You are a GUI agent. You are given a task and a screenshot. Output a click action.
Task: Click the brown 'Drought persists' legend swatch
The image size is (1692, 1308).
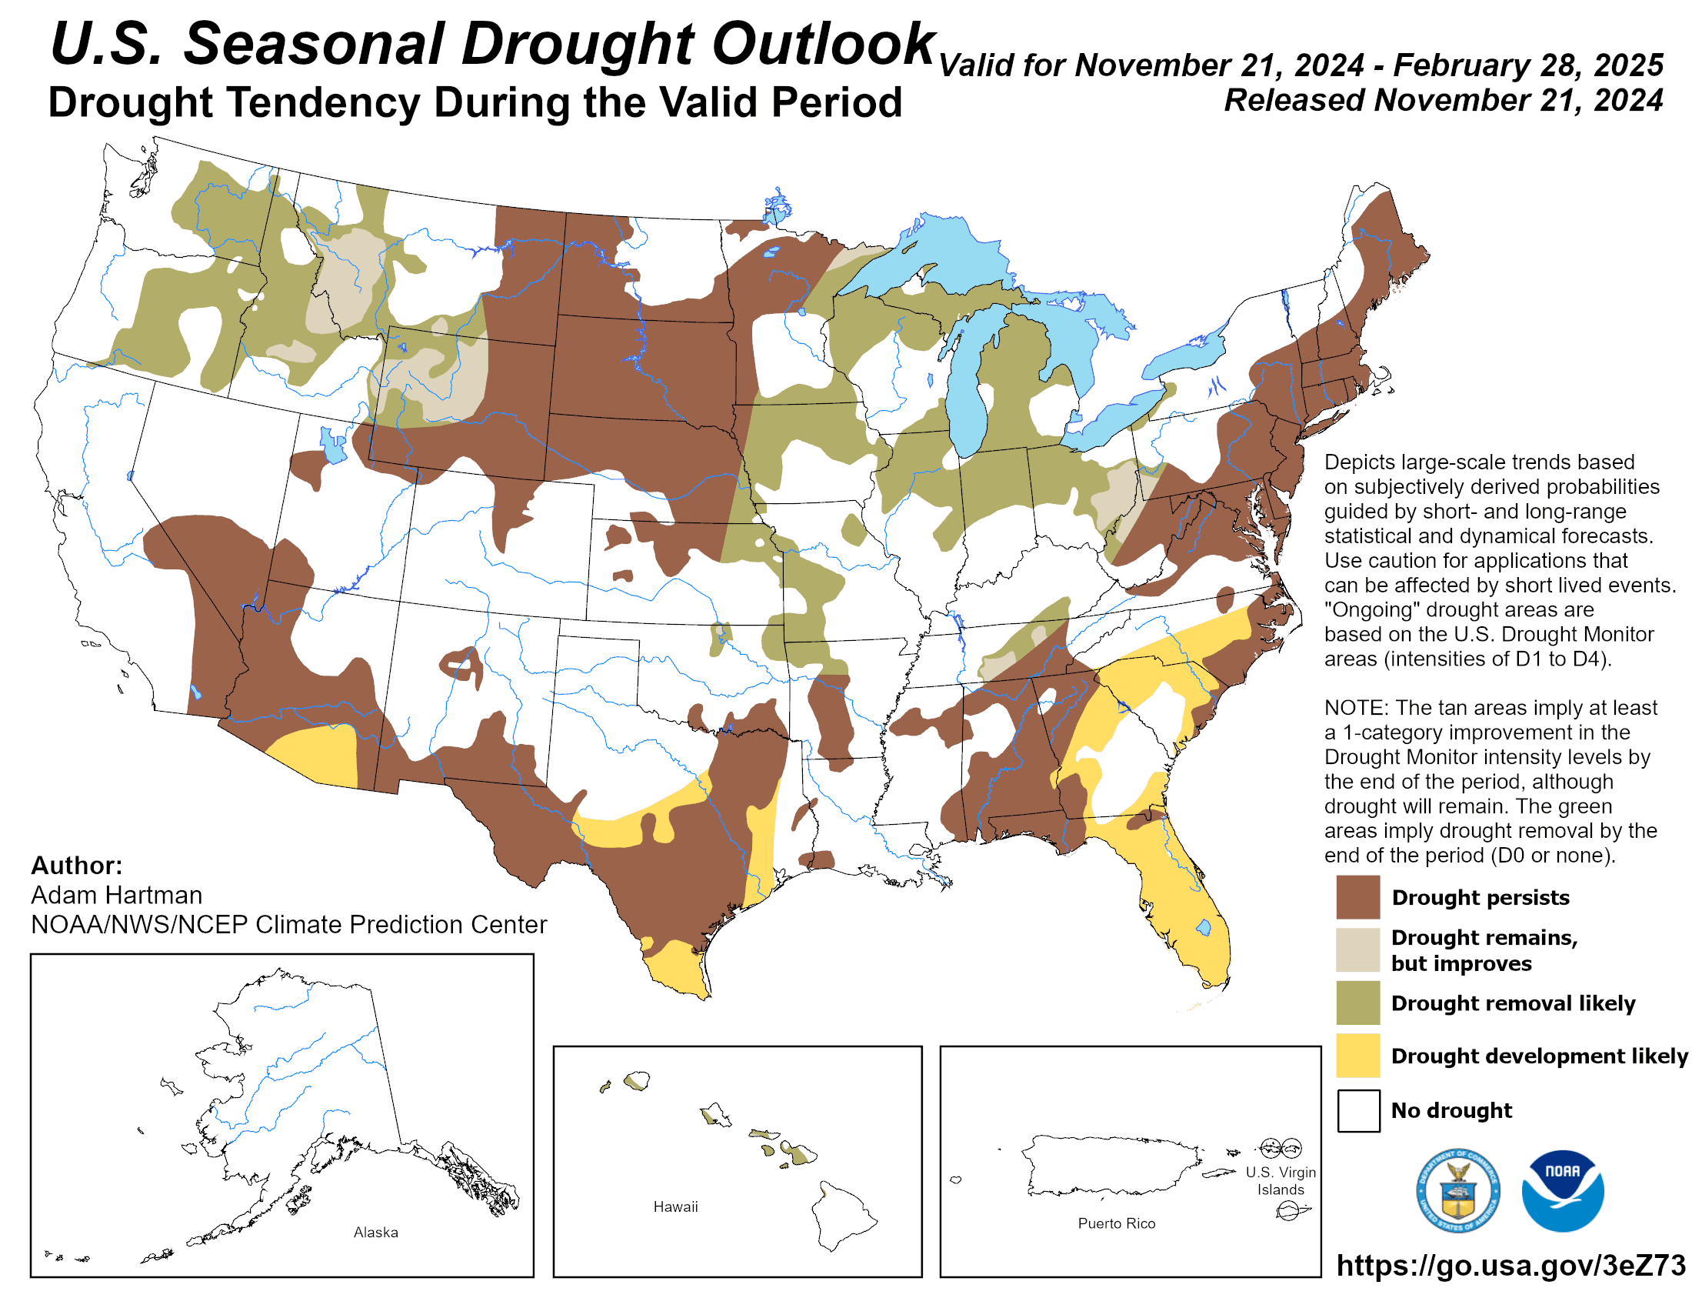pyautogui.click(x=1357, y=896)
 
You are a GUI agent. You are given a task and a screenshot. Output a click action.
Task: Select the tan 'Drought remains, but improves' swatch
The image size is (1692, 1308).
pyautogui.click(x=1357, y=949)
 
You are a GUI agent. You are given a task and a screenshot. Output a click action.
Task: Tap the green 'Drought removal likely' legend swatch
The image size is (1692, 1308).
pyautogui.click(x=1357, y=1003)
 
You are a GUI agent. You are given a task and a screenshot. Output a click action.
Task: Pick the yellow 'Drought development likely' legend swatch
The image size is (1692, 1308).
pyautogui.click(x=1357, y=1056)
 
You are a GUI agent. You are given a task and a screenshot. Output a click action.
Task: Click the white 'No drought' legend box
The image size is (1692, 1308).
pyautogui.click(x=1357, y=1110)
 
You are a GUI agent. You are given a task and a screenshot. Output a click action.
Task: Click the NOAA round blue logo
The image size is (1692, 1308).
pyautogui.click(x=1562, y=1190)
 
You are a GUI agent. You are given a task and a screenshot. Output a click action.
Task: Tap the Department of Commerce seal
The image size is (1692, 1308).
pyautogui.click(x=1457, y=1190)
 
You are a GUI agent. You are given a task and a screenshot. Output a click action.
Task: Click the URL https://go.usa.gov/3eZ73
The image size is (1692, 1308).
pyautogui.click(x=1510, y=1266)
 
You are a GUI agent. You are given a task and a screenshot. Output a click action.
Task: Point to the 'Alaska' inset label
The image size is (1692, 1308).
pyautogui.click(x=376, y=1232)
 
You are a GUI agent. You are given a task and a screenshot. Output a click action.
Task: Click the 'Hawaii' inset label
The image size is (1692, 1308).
pyautogui.click(x=674, y=1206)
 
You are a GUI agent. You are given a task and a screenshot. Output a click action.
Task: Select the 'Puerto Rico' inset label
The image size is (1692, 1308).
pyautogui.click(x=1116, y=1223)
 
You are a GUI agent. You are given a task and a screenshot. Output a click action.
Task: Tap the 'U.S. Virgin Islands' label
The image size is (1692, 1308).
pyautogui.click(x=1280, y=1181)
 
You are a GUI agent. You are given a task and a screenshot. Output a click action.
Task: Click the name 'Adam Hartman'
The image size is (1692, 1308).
pyautogui.click(x=116, y=895)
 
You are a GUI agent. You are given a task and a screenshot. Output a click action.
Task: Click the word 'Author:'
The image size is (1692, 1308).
pyautogui.click(x=77, y=866)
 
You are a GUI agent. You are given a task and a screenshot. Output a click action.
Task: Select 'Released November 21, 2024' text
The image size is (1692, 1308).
pyautogui.click(x=1443, y=101)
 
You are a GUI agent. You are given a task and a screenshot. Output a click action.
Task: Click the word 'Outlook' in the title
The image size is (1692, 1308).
pyautogui.click(x=823, y=44)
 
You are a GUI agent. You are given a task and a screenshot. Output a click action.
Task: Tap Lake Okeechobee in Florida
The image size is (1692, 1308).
pyautogui.click(x=1203, y=927)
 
